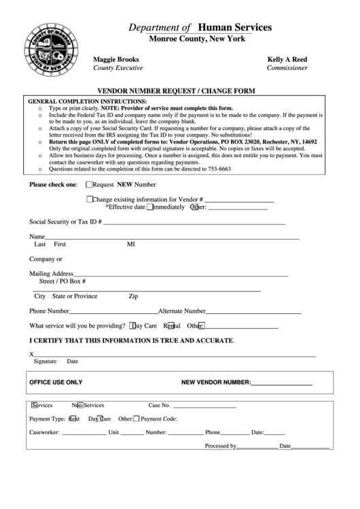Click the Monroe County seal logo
coord(51,49)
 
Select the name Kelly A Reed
coord(287,59)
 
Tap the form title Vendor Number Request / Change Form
coord(176,90)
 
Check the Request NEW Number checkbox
coord(89,184)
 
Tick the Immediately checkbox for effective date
coord(149,207)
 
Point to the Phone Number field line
coord(113,312)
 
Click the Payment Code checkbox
coord(136,419)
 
